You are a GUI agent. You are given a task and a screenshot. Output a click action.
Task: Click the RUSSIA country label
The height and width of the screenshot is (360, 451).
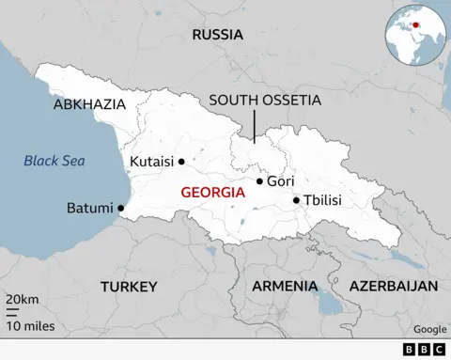point(217,35)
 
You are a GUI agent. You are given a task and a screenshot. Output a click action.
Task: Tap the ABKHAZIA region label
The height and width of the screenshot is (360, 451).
point(89,104)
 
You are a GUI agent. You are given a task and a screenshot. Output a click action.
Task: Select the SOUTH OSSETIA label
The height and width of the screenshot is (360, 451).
point(265,100)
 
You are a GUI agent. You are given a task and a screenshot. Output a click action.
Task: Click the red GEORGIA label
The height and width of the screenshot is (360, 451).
point(212,192)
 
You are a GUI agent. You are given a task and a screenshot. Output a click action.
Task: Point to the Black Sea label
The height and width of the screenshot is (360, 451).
point(54,161)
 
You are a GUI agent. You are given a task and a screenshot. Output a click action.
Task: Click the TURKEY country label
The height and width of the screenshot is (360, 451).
point(130,286)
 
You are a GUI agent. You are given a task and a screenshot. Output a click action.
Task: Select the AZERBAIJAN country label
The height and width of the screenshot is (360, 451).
point(394,286)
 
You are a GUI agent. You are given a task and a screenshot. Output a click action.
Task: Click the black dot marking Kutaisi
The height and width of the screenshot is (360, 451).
point(181,161)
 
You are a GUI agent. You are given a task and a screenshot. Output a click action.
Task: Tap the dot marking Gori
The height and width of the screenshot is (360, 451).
point(259,181)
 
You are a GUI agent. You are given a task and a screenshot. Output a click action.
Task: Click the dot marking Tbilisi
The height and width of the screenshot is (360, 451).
point(296,199)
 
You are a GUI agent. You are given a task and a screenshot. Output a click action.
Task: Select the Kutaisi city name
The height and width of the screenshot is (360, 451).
point(152,161)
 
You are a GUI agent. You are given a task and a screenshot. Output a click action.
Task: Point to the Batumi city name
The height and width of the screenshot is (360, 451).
point(89,208)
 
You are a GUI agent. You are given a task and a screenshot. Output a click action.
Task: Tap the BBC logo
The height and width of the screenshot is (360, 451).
point(425,349)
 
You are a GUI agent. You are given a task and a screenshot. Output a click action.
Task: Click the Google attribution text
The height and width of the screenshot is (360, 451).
point(429,329)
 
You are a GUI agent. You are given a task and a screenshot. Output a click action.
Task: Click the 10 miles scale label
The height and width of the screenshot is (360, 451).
point(30,326)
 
